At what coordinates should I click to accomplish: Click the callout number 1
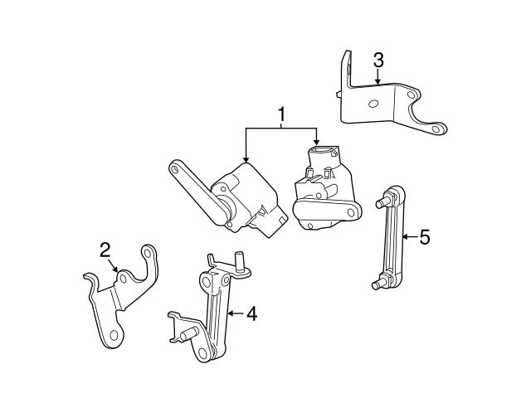[x=281, y=114]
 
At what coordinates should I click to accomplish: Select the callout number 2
[x=105, y=249]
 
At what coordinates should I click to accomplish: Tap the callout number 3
[x=378, y=60]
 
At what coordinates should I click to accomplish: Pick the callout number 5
[x=425, y=238]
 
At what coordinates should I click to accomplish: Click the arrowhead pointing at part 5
[x=402, y=238]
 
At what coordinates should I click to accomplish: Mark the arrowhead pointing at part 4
[x=228, y=313]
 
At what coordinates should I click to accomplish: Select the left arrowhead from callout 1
[x=246, y=160]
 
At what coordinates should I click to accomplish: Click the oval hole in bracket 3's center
[x=373, y=104]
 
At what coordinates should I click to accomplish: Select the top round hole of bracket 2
[x=148, y=250]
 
